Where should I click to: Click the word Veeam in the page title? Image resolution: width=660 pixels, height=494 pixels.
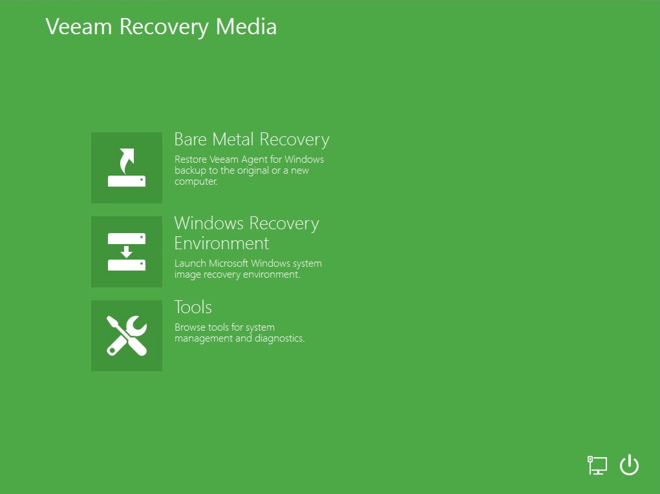tap(79, 26)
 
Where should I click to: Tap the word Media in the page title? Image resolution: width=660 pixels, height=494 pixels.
tap(246, 26)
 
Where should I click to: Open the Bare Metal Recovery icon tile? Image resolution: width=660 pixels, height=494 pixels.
tap(127, 168)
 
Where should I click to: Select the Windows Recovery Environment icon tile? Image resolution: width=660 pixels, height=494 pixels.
tap(127, 252)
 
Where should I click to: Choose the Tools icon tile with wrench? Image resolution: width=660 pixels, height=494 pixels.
tap(127, 336)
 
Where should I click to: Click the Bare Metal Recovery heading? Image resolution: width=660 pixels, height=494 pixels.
tap(251, 139)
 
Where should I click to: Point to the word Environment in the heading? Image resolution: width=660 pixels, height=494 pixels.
tap(222, 243)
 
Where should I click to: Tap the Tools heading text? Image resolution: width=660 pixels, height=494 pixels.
tap(193, 307)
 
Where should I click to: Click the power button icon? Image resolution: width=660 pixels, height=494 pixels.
tap(629, 465)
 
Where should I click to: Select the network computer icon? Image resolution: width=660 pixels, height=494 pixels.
tap(597, 465)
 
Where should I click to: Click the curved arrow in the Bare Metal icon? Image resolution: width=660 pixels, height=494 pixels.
tap(127, 161)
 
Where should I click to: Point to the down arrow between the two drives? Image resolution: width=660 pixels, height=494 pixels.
tap(126, 252)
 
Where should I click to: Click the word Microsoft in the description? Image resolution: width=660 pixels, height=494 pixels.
tap(229, 263)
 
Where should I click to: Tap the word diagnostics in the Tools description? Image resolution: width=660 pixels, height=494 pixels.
tap(279, 338)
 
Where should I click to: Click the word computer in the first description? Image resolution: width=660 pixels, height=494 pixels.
tap(196, 181)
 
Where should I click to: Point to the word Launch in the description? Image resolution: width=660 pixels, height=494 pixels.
tap(190, 263)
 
